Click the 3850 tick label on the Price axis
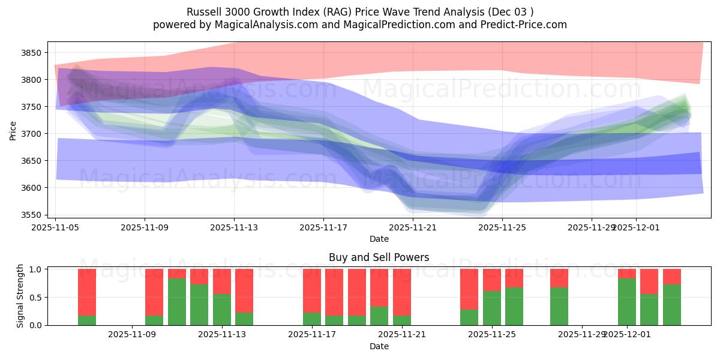(x=30, y=53)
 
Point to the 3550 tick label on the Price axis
(x=30, y=215)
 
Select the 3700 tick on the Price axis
(x=30, y=134)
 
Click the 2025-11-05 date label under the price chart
(x=56, y=227)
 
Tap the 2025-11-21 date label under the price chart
(x=413, y=227)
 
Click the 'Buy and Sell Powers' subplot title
(x=379, y=257)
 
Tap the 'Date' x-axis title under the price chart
(x=379, y=239)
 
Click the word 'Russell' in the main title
(x=204, y=12)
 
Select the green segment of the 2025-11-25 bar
(x=491, y=308)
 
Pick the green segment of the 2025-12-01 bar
(x=626, y=301)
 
